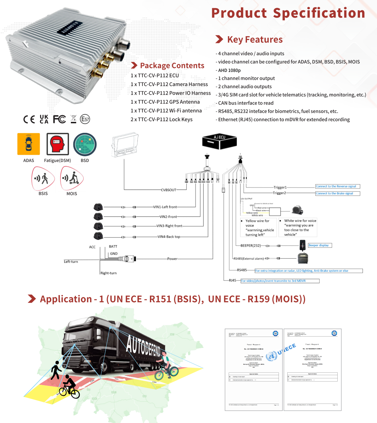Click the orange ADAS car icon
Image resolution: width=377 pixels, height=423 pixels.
(29, 144)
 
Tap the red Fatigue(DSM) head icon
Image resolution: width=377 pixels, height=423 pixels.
(57, 144)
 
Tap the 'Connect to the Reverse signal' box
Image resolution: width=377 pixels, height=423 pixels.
(337, 186)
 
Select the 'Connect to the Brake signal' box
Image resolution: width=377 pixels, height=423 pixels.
(337, 193)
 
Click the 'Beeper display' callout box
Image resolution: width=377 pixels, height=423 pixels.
(320, 245)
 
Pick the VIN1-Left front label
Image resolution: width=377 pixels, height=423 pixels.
(168, 207)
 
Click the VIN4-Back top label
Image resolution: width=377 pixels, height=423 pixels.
(169, 237)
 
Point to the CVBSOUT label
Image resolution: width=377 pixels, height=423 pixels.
(168, 190)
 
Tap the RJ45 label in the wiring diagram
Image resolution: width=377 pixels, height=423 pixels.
(232, 280)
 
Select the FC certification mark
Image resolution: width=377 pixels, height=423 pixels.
(60, 119)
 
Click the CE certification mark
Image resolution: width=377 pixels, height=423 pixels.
(29, 119)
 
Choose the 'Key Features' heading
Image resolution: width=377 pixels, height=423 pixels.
(255, 39)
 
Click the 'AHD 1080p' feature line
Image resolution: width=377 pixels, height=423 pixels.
(229, 70)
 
